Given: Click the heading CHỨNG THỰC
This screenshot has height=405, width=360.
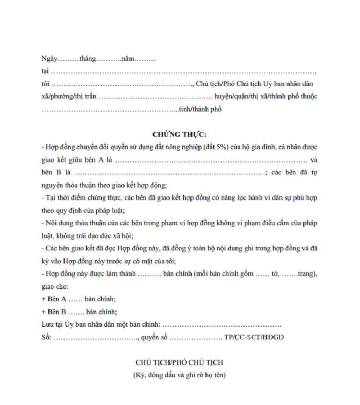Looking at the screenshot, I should pyautogui.click(x=180, y=134).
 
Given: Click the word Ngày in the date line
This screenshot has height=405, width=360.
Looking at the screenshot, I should pyautogui.click(x=50, y=59).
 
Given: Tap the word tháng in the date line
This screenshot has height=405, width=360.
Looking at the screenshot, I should pyautogui.click(x=88, y=59).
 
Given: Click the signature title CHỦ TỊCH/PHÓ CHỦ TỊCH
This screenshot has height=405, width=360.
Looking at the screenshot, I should pyautogui.click(x=180, y=363).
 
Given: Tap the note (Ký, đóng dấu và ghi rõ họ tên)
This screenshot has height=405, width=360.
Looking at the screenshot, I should pyautogui.click(x=180, y=375).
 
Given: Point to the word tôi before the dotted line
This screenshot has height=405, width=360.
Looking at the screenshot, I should pyautogui.click(x=45, y=84).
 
